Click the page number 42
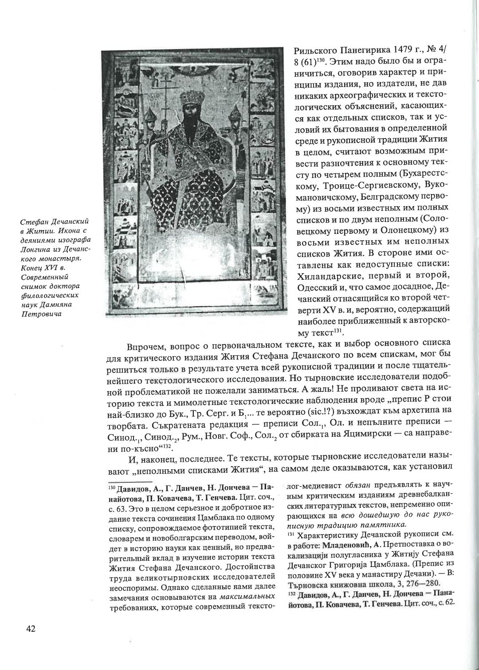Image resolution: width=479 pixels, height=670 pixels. (x=30, y=628)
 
